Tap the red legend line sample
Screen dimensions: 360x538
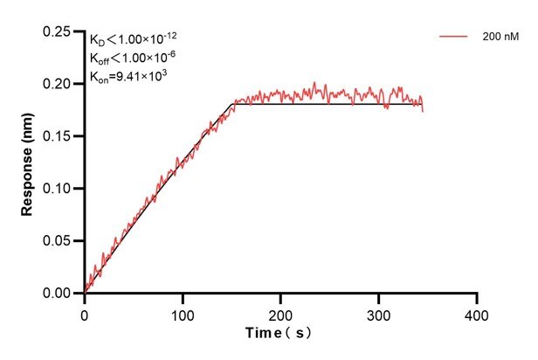455,37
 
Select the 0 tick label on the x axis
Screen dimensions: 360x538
85,312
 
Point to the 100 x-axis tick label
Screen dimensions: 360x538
183,312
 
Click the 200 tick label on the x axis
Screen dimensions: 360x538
280,312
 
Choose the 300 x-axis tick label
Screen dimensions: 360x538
378,312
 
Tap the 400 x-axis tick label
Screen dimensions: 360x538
476,312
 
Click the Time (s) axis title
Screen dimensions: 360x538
279,333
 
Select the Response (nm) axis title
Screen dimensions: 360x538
29,163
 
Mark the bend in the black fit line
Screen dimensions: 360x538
233,105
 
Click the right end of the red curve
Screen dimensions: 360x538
423,111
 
